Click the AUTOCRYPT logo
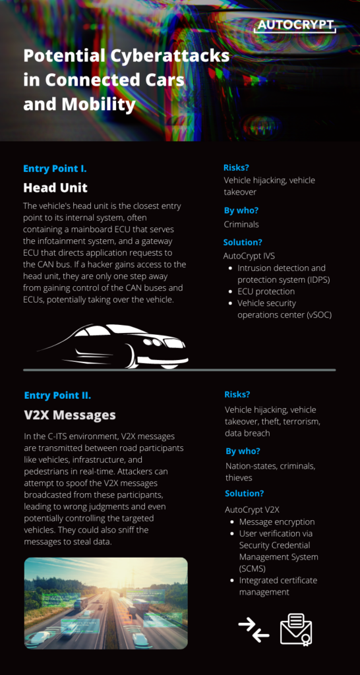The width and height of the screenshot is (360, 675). point(295,26)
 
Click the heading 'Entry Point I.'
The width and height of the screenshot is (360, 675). point(55,168)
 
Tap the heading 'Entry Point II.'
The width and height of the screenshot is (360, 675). point(57,396)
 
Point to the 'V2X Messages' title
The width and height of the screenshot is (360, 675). point(69,415)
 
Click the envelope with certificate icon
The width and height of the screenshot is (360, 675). point(295,628)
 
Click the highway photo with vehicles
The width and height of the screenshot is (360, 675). point(105,603)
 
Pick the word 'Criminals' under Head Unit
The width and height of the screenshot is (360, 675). point(241,224)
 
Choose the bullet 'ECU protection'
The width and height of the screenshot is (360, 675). point(266,291)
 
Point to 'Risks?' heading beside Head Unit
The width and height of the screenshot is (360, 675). point(237,167)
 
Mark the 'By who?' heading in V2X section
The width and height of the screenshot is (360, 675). point(243,451)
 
